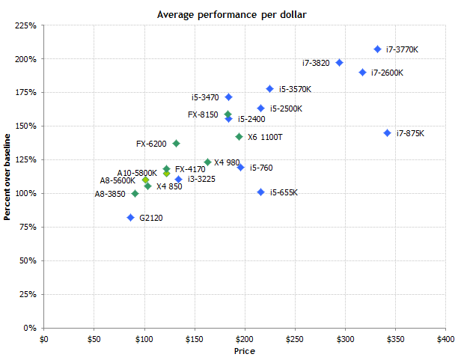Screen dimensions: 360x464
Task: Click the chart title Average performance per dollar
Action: (231, 14)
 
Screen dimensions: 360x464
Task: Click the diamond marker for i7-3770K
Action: (378, 49)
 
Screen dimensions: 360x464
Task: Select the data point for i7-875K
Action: (388, 133)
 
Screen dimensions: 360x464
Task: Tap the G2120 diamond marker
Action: (130, 218)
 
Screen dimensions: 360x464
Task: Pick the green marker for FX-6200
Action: (177, 143)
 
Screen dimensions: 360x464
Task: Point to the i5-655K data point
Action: (261, 192)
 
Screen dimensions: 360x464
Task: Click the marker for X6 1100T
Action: (239, 137)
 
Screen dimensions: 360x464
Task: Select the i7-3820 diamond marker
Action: (340, 63)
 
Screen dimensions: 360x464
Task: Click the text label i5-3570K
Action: (295, 89)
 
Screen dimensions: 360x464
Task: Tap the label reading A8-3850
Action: (110, 194)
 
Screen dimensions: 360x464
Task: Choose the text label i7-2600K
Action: (387, 73)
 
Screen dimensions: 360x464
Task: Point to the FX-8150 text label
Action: (203, 115)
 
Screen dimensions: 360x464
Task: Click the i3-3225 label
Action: (203, 179)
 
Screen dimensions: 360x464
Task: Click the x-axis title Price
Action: (245, 350)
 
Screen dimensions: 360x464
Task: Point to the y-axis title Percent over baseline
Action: (7, 177)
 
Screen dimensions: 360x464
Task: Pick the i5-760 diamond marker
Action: (241, 168)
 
